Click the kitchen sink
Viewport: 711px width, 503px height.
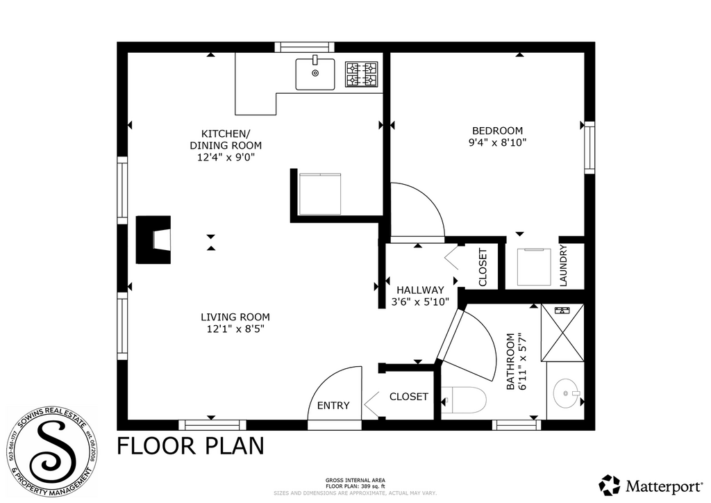coord(315,73)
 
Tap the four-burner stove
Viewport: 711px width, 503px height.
coord(362,75)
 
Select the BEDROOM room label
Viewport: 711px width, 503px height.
coord(497,131)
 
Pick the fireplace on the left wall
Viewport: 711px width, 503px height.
coord(153,240)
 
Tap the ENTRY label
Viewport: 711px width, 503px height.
coord(333,406)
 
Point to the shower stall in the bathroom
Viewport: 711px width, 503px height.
coord(563,332)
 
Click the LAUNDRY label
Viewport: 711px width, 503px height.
coord(563,265)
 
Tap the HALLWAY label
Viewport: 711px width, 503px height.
coord(420,290)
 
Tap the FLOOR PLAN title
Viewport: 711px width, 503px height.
coord(190,445)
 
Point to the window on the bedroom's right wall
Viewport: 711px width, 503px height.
coord(589,147)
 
